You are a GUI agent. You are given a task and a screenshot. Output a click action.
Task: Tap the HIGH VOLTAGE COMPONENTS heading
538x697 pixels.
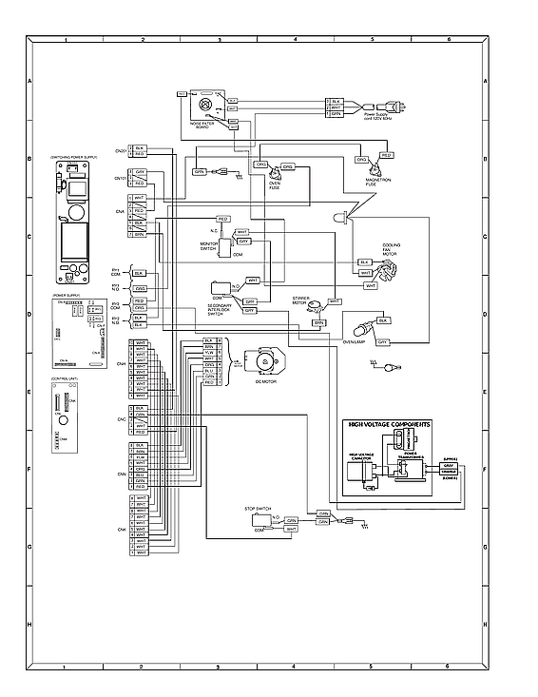click(x=389, y=424)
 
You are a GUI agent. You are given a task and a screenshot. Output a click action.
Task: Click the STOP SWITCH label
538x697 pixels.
click(x=258, y=511)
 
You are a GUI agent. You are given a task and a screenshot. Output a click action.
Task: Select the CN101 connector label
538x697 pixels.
click(x=121, y=178)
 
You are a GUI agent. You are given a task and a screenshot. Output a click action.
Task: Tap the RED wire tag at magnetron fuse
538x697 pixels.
click(x=386, y=154)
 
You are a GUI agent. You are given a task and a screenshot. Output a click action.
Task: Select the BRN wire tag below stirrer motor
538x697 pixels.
click(x=319, y=323)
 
